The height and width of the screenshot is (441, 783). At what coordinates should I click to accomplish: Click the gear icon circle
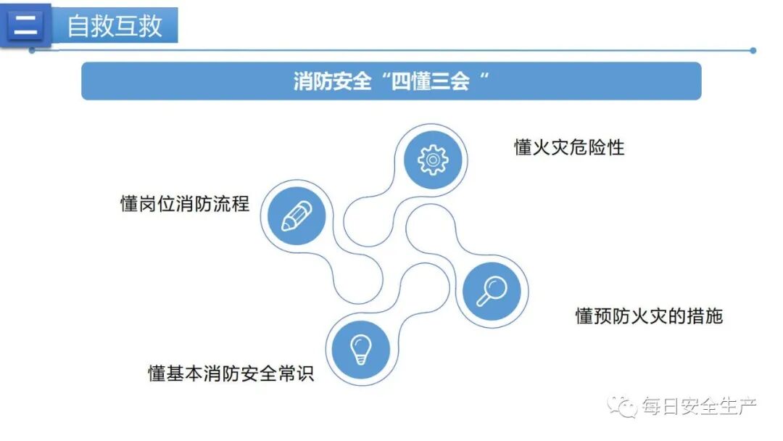434,159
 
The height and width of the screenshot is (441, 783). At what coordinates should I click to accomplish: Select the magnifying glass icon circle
492,289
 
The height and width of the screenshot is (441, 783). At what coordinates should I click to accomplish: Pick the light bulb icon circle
360,349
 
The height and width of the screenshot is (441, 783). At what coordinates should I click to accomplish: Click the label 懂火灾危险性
569,148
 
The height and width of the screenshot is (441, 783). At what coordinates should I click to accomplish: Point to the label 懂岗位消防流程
185,204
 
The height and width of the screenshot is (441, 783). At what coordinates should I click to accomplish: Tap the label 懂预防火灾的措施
649,316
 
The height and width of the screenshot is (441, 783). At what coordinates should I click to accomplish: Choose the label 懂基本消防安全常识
231,374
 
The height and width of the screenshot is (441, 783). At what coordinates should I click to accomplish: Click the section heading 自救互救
115,26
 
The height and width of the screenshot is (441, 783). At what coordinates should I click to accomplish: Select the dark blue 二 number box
25,26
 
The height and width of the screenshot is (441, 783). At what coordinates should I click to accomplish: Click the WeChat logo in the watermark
622,406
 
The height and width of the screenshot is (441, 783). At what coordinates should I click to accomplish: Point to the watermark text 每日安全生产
699,407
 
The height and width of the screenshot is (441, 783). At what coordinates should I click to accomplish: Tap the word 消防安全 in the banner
333,81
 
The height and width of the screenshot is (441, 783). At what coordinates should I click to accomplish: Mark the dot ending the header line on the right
753,51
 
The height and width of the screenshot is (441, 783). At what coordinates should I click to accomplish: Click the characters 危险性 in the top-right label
597,148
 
